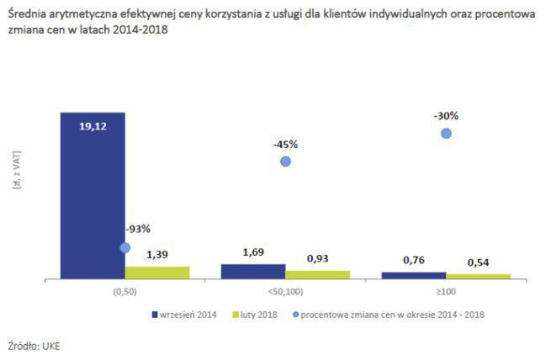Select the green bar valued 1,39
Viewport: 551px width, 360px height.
pyautogui.click(x=157, y=272)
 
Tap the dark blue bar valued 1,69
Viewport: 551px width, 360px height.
pyautogui.click(x=252, y=271)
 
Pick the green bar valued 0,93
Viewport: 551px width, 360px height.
pyautogui.click(x=317, y=274)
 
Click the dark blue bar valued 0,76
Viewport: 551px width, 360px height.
pyautogui.click(x=413, y=275)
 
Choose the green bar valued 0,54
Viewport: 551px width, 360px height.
pyautogui.click(x=478, y=276)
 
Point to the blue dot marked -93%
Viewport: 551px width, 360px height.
pyautogui.click(x=125, y=247)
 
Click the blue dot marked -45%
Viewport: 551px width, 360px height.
pyautogui.click(x=285, y=161)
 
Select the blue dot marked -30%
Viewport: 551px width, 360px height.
pyautogui.click(x=446, y=133)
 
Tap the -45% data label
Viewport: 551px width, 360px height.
pyautogui.click(x=285, y=144)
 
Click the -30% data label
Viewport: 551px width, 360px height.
pyautogui.click(x=446, y=115)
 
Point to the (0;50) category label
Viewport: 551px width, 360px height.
pyautogui.click(x=125, y=292)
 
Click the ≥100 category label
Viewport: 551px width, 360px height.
pyautogui.click(x=446, y=292)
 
